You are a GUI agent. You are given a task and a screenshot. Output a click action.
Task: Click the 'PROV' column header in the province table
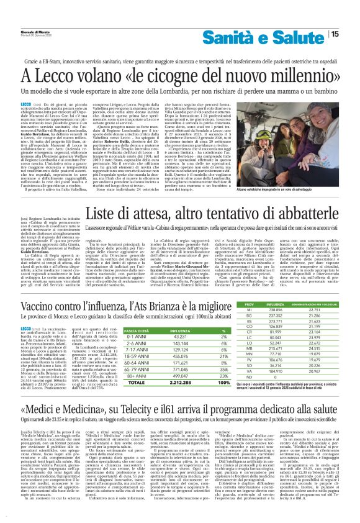coord(250,322)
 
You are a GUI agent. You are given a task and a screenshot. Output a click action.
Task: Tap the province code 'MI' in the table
coord(250,329)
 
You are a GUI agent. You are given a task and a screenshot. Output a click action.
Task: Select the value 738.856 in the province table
coord(274,329)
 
